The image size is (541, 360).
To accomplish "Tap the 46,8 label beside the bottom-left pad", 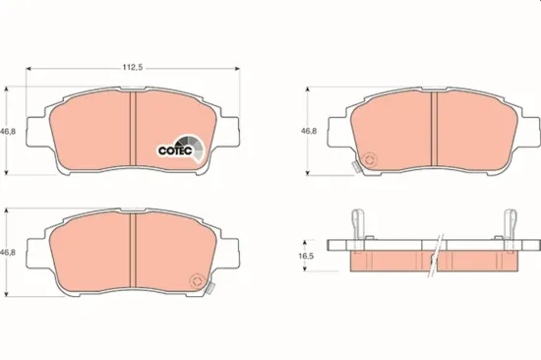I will click(9, 253).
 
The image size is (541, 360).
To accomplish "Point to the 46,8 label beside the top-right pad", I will click(309, 129).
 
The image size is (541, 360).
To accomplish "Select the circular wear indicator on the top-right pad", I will click(370, 159).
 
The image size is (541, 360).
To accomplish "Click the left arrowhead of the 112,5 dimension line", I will click(29, 68).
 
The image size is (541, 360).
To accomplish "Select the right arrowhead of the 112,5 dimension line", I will click(237, 68).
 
